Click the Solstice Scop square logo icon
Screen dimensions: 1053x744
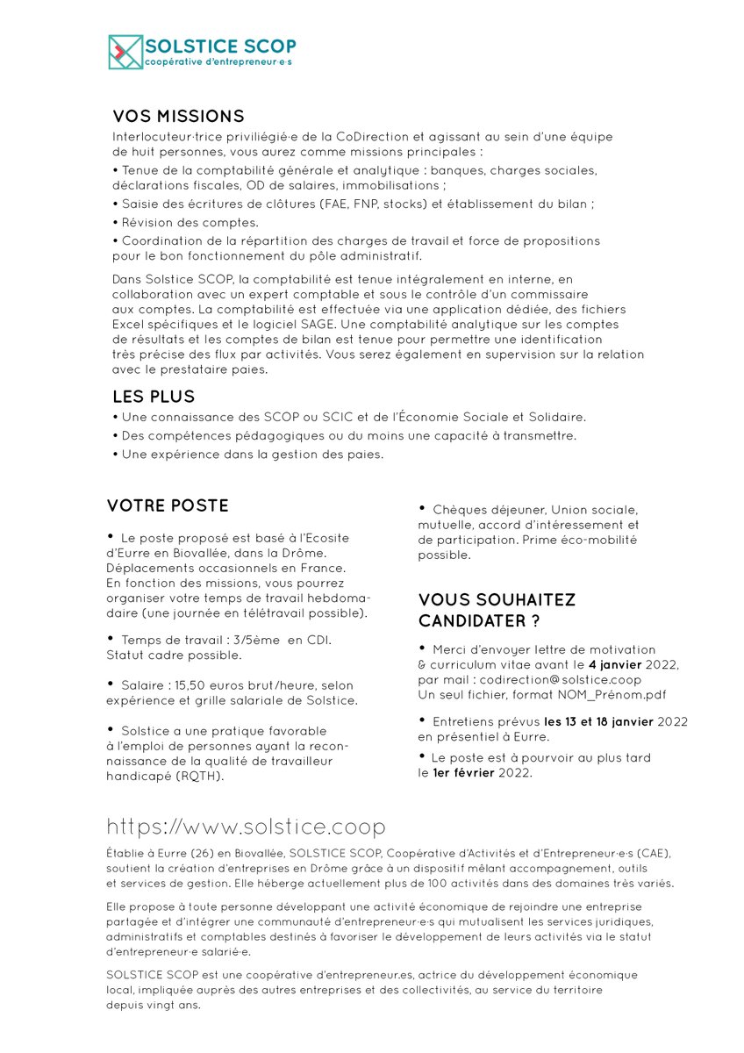[125, 52]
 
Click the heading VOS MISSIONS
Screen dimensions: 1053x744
[178, 117]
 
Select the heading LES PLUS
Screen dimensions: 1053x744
[154, 397]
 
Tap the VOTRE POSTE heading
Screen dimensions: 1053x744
[168, 505]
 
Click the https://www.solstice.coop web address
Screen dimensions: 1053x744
[246, 827]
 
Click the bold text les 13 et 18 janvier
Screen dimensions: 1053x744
[597, 721]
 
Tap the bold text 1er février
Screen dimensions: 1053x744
[464, 772]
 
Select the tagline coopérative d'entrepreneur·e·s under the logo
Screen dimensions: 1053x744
[218, 62]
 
